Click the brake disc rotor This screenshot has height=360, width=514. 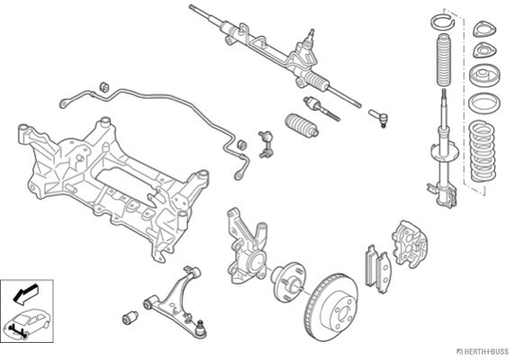[x=331, y=307]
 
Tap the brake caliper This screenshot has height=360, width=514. [x=410, y=243]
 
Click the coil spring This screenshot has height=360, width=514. [x=482, y=150]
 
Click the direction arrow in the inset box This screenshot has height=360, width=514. [x=25, y=293]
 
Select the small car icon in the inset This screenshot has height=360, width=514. [x=27, y=323]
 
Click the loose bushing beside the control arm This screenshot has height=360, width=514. [x=131, y=318]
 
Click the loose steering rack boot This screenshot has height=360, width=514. [x=302, y=125]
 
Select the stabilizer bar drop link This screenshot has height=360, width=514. [x=266, y=144]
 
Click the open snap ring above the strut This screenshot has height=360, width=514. [x=442, y=22]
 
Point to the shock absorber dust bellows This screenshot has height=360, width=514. [x=444, y=59]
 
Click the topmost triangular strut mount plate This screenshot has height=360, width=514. [x=484, y=29]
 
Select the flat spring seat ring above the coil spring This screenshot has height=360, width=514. [x=484, y=103]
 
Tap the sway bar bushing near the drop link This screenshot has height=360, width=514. [x=242, y=145]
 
